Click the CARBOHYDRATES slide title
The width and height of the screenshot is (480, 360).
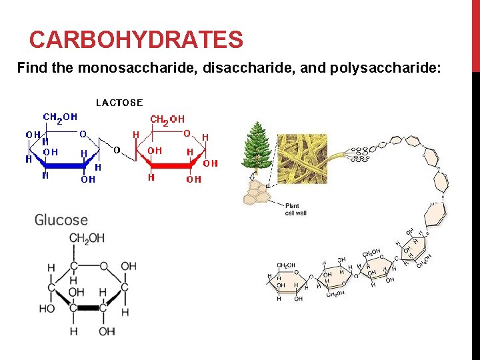(136, 41)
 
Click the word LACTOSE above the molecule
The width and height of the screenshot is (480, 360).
(119, 103)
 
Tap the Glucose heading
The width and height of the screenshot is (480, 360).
(61, 220)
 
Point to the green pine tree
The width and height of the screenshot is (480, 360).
(255, 147)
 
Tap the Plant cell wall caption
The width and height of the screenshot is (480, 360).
(295, 209)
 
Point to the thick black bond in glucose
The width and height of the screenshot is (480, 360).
(88, 308)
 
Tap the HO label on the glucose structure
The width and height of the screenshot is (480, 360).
(47, 309)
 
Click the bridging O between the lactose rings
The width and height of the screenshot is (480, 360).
(117, 150)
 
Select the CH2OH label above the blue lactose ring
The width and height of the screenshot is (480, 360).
(60, 117)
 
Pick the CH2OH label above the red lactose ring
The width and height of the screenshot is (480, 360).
(167, 120)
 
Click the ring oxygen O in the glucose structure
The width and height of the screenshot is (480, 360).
(103, 267)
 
